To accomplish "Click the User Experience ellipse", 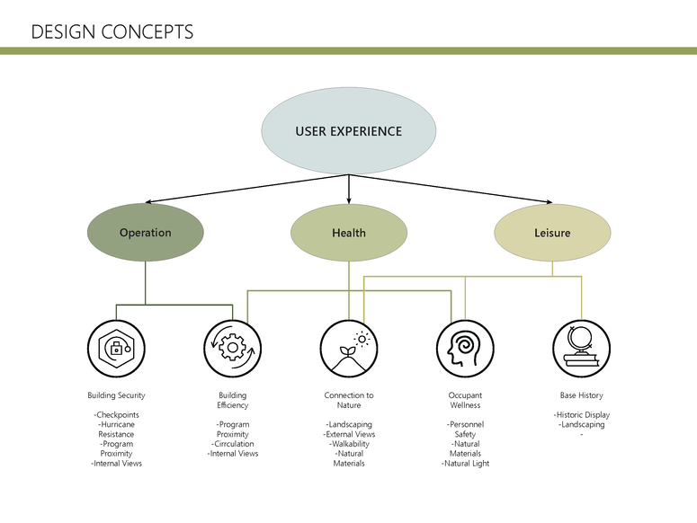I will click(x=348, y=131).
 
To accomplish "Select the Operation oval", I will click(x=145, y=233).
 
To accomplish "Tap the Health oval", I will click(x=348, y=233).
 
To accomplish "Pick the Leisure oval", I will click(x=552, y=233).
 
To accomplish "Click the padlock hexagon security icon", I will click(x=116, y=348).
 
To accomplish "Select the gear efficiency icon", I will click(x=232, y=348).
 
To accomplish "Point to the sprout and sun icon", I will click(x=349, y=348).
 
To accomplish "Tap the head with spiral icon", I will click(x=465, y=348).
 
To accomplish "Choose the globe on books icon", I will click(x=581, y=348).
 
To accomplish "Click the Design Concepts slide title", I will click(x=112, y=32).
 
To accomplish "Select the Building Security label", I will click(x=116, y=395).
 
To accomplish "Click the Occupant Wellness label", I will click(x=465, y=400).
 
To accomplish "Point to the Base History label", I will click(x=581, y=395).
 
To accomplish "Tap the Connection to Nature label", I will click(x=349, y=400).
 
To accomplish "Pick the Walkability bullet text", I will click(x=349, y=444).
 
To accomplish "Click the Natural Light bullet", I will click(x=465, y=464).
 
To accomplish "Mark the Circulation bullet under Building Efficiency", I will click(x=232, y=444).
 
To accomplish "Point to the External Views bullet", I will click(x=349, y=434).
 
